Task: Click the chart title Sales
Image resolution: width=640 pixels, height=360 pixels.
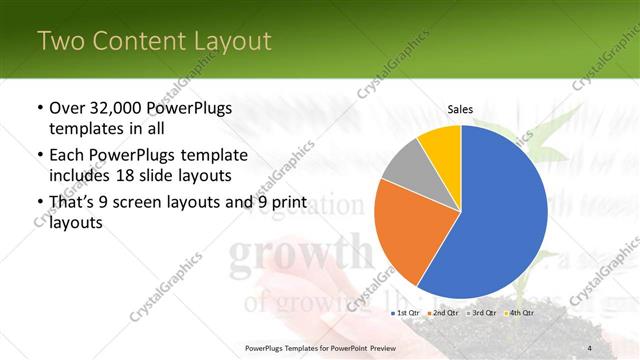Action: click(x=460, y=110)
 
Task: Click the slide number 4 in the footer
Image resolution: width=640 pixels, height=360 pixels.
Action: click(x=589, y=347)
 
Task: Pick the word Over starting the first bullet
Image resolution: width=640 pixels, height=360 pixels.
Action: click(x=68, y=108)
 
